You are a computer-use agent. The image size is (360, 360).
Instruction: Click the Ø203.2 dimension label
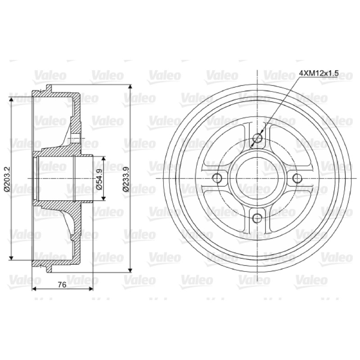pyautogui.click(x=7, y=179)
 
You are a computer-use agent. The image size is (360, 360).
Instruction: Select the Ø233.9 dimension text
pyautogui.click(x=126, y=179)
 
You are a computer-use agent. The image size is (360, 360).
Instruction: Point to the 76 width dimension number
pyautogui.click(x=62, y=285)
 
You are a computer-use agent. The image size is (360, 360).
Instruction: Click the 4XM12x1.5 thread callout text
pyautogui.click(x=319, y=73)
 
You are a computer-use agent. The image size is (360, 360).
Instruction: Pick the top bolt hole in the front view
pyautogui.click(x=257, y=139)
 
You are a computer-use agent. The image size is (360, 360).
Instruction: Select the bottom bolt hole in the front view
pyautogui.click(x=257, y=218)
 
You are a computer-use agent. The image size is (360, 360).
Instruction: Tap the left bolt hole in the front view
pyautogui.click(x=217, y=178)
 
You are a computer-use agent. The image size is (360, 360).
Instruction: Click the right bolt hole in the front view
pyautogui.click(x=297, y=178)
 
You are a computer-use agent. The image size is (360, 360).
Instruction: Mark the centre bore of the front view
pyautogui.click(x=257, y=178)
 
